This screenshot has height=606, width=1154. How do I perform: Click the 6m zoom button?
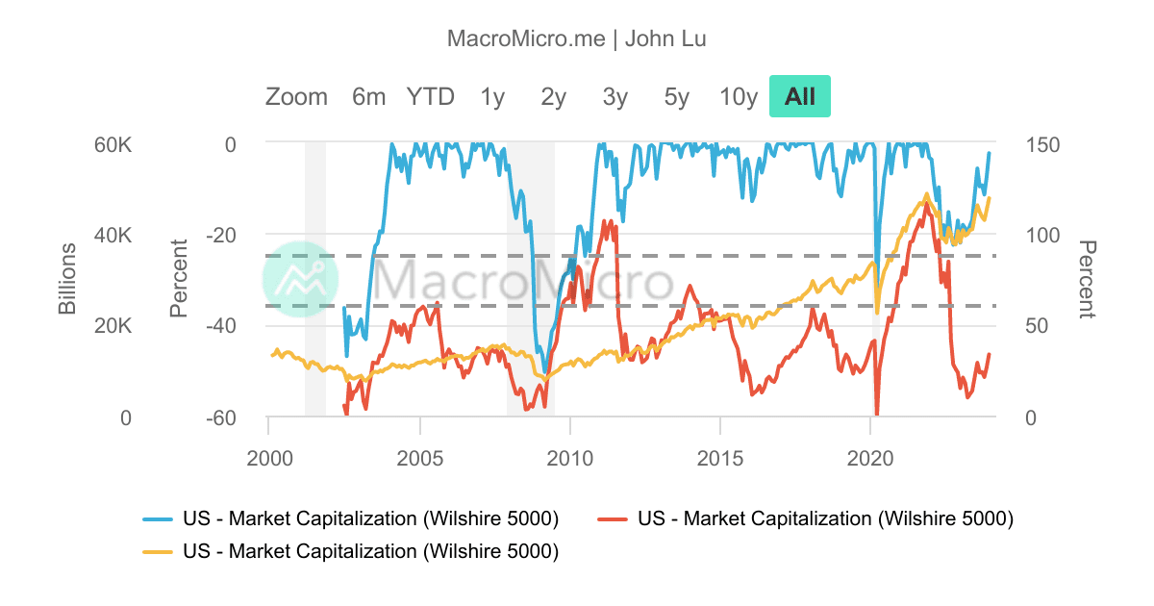[x=368, y=97]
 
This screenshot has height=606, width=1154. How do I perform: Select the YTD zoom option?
[x=430, y=97]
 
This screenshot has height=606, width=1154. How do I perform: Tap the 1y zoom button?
[x=492, y=97]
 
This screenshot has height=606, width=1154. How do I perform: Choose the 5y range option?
[x=676, y=97]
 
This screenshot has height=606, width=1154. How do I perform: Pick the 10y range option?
[x=739, y=97]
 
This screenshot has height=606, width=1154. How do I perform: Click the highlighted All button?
[x=800, y=97]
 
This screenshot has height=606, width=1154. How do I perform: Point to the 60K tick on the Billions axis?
[x=112, y=145]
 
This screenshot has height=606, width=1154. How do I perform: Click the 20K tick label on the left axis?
[x=112, y=327]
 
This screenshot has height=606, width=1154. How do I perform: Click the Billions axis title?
[x=67, y=279]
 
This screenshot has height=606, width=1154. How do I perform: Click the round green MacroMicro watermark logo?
[x=301, y=280]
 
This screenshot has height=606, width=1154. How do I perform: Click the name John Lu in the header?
[x=666, y=39]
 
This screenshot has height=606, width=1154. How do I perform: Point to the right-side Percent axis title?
[x=1087, y=279]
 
